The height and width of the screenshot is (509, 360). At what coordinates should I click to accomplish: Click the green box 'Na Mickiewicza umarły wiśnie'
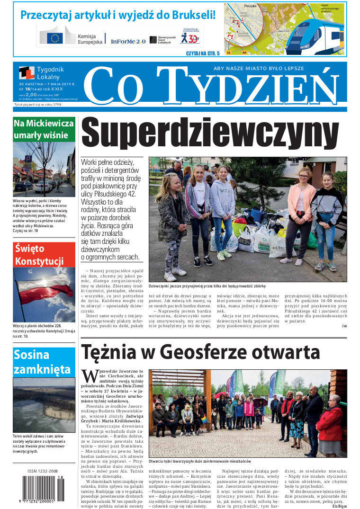(x=44, y=129)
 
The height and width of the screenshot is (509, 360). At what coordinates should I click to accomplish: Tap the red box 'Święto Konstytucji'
(x=44, y=254)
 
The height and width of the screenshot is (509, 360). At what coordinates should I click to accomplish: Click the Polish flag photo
(x=44, y=295)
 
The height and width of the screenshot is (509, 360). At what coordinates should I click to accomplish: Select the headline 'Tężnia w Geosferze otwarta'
(x=201, y=352)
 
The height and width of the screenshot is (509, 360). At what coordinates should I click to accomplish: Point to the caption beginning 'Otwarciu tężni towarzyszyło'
(x=199, y=461)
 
